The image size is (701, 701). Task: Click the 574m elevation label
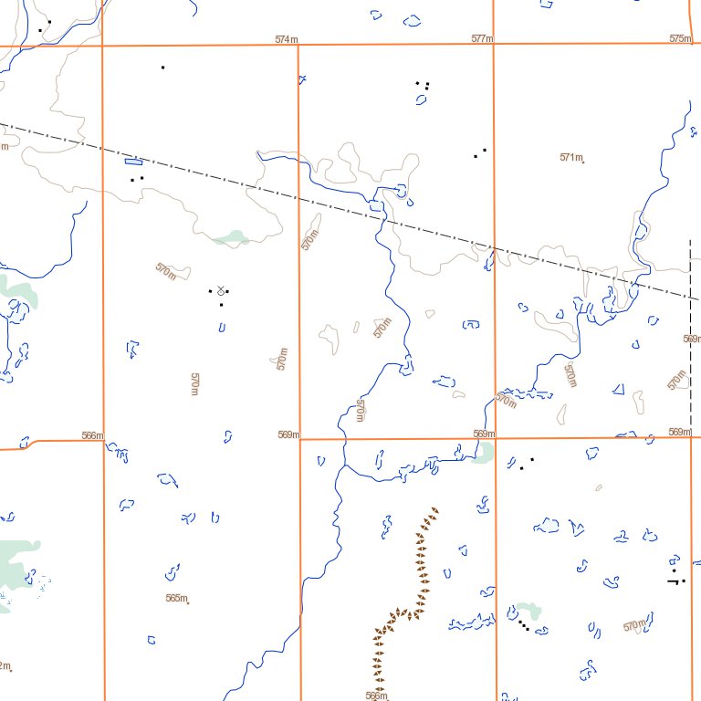[x=287, y=39]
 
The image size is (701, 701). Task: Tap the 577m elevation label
[x=482, y=39]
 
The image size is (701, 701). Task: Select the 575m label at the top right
[x=680, y=38]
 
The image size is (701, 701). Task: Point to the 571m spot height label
[x=570, y=157]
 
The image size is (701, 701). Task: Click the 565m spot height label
[x=176, y=599]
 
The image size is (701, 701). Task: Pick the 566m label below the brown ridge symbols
[x=376, y=696]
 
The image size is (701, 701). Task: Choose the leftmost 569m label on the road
[x=288, y=434]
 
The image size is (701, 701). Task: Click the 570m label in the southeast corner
[x=634, y=626]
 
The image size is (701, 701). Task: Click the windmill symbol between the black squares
[x=220, y=290]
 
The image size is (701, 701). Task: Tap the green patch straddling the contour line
[x=232, y=238]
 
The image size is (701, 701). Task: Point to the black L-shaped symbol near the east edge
[x=675, y=579]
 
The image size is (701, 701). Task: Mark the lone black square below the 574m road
[x=162, y=67]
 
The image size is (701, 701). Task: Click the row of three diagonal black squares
[x=522, y=625]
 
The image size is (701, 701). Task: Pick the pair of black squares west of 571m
[x=479, y=152]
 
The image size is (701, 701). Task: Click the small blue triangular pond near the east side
[x=618, y=390]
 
